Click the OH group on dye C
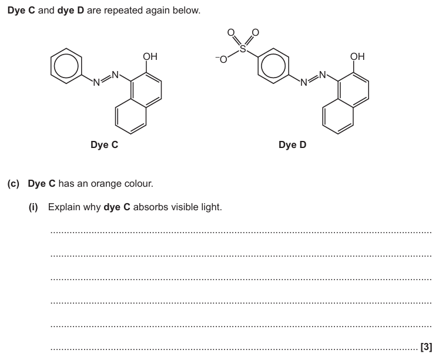point(150,57)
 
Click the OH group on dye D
point(357,57)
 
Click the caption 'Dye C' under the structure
point(104,144)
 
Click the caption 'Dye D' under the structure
point(292,144)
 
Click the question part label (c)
point(13,184)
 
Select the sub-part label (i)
point(34,207)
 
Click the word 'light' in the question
point(210,207)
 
